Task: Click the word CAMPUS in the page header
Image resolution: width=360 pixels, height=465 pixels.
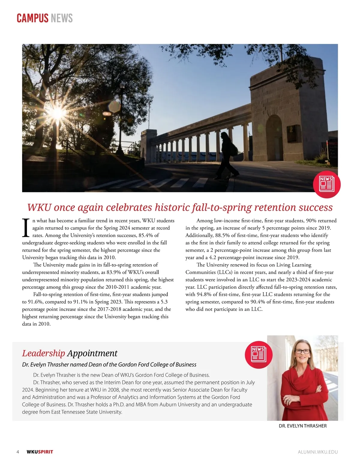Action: pyautogui.click(x=32, y=18)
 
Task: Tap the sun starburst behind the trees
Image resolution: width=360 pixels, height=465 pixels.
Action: pyautogui.click(x=57, y=113)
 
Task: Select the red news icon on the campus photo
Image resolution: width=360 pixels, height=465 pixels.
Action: pyautogui.click(x=326, y=184)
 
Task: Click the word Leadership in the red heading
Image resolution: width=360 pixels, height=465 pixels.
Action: pyautogui.click(x=43, y=353)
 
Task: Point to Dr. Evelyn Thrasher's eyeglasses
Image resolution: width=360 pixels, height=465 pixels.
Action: pyautogui.click(x=302, y=351)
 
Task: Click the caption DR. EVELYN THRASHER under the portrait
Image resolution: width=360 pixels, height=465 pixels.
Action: pyautogui.click(x=302, y=426)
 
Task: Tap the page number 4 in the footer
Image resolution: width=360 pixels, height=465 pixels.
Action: pyautogui.click(x=18, y=452)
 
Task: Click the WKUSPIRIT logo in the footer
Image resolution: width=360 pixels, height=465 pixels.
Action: pyautogui.click(x=40, y=452)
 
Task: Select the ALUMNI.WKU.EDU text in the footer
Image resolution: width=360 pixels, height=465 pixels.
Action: pyautogui.click(x=318, y=452)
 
